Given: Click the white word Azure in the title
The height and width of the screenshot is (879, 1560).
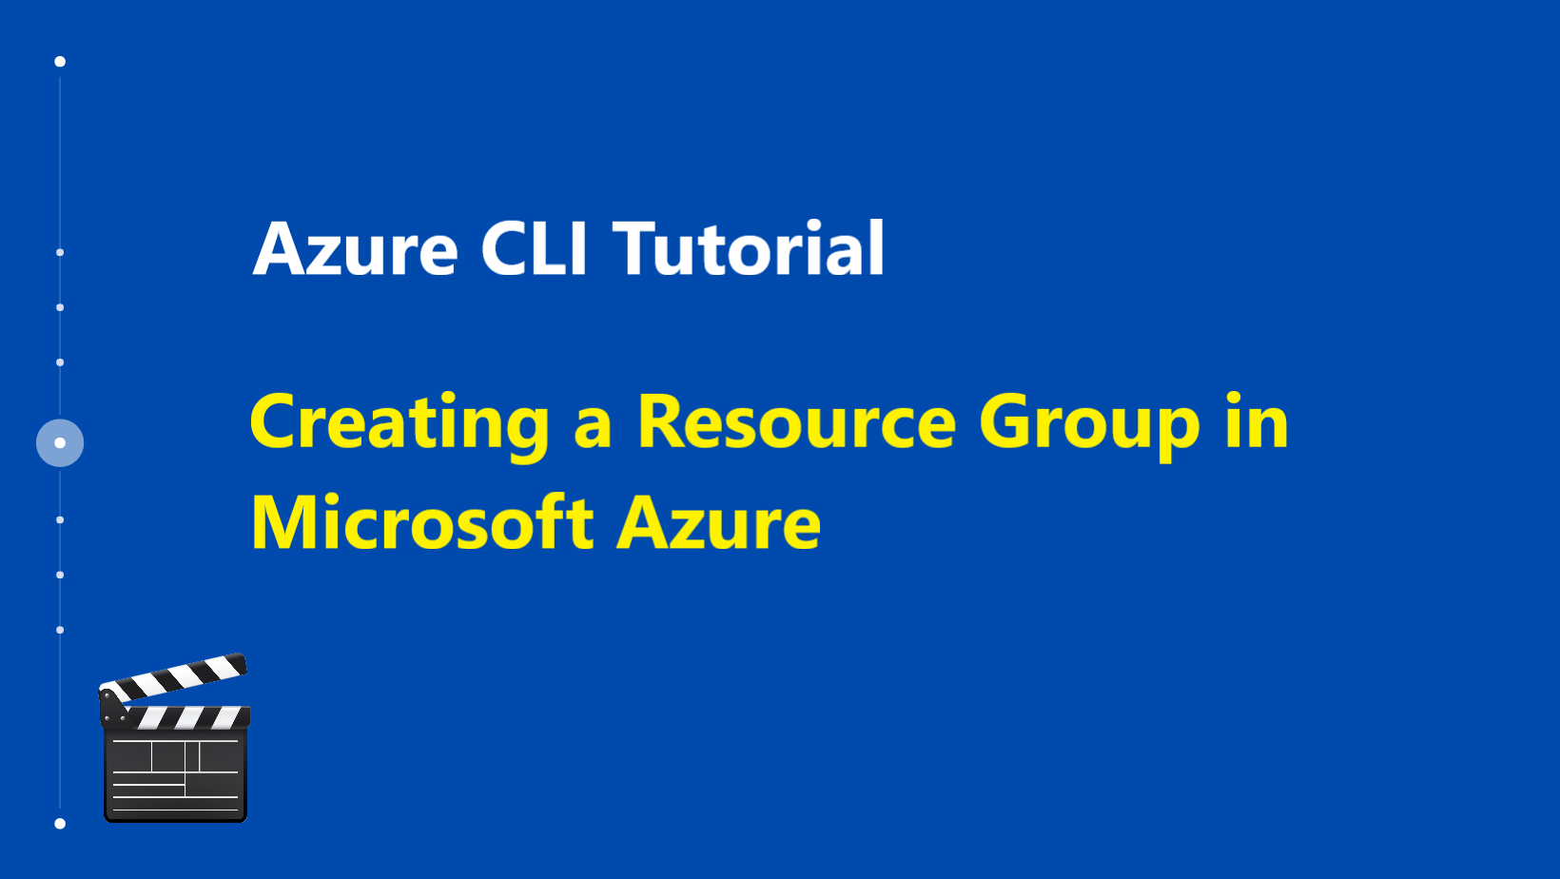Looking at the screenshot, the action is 355,249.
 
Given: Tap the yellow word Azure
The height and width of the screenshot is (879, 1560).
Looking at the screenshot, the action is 719,523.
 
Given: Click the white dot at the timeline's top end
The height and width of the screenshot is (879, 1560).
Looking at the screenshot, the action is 60,62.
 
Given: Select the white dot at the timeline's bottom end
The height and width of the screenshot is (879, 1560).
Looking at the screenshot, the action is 60,824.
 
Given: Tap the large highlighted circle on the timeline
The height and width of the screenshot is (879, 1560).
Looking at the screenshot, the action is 60,443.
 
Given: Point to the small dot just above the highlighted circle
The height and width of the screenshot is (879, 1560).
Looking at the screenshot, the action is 60,362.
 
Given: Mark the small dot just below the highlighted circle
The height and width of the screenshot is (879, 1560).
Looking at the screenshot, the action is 60,519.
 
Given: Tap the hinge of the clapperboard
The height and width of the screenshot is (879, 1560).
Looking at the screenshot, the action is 113,710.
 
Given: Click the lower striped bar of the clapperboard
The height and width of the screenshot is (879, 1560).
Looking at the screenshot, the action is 188,717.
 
